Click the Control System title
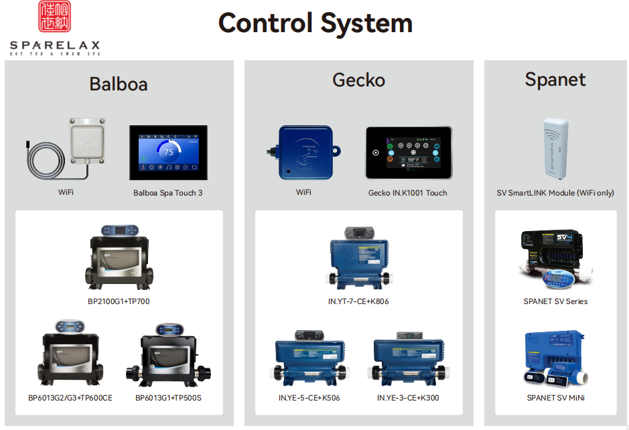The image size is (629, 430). click(x=315, y=23)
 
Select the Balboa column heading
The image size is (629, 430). click(x=119, y=84)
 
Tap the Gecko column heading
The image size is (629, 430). click(x=358, y=80)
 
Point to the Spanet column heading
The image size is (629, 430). click(x=555, y=80)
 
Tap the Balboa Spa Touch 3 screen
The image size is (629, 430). click(x=168, y=153)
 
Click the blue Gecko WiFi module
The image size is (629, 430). click(x=306, y=152)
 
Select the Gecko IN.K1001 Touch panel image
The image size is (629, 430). click(x=408, y=153)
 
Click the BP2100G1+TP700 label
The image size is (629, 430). click(x=119, y=301)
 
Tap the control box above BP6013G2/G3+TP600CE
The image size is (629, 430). click(x=69, y=358)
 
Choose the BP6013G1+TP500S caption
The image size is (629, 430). click(x=168, y=398)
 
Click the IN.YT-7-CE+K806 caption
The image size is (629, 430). click(x=358, y=301)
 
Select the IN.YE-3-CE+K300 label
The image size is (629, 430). click(x=407, y=398)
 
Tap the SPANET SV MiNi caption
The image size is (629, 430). click(x=555, y=398)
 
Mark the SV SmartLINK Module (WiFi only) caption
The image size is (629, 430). click(x=555, y=193)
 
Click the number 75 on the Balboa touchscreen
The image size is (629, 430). click(x=169, y=152)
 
